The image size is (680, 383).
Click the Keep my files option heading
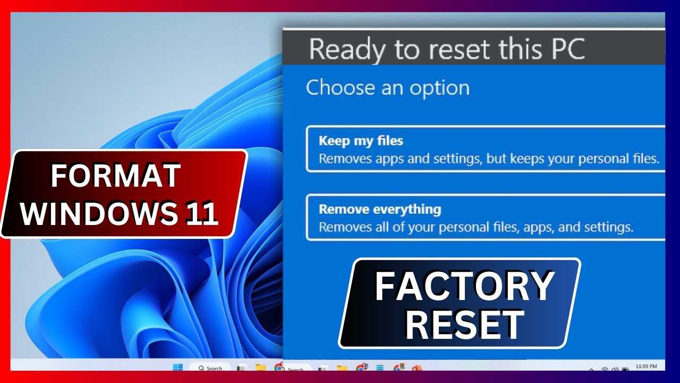[x=361, y=141]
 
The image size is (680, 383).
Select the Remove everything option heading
[x=380, y=210]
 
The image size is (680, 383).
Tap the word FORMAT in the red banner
[x=116, y=176]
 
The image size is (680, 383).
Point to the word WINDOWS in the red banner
[x=99, y=213]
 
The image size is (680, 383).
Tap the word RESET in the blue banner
[x=465, y=324]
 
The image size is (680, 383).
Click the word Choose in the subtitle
[x=341, y=88]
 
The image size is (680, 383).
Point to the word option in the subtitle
[x=439, y=88]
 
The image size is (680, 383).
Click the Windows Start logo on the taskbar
[x=178, y=367]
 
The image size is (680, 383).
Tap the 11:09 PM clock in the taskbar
[x=647, y=367]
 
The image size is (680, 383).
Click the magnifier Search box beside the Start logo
[x=210, y=368]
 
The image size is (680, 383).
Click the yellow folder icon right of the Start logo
[x=260, y=368]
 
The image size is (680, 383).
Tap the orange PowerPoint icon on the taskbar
[x=418, y=368]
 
